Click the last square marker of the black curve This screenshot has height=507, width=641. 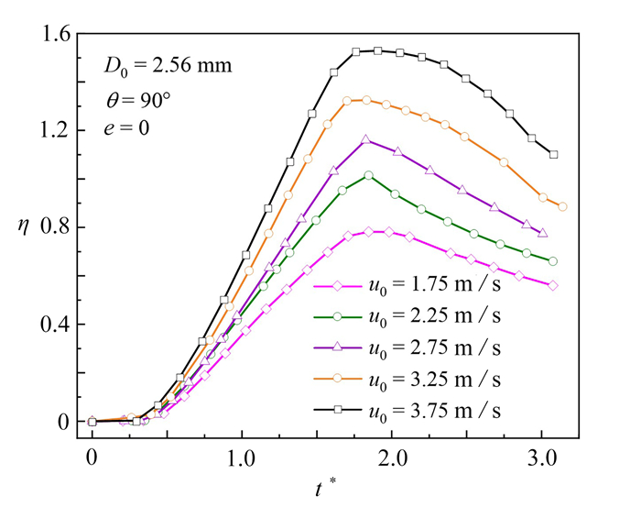click(x=554, y=155)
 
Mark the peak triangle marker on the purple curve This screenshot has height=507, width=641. click(x=366, y=140)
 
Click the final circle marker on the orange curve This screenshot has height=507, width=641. click(x=562, y=207)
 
